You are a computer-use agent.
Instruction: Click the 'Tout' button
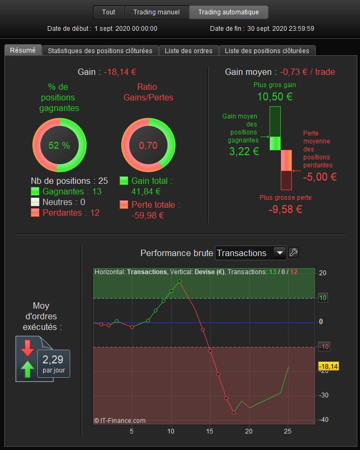point(108,12)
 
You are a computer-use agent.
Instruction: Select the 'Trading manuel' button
point(156,12)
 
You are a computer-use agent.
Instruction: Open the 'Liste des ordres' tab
point(188,51)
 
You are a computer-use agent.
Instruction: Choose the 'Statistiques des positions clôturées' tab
point(100,51)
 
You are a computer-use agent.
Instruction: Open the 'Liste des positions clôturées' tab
point(267,51)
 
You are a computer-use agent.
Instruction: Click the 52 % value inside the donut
point(59,145)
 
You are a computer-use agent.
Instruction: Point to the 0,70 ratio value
point(148,145)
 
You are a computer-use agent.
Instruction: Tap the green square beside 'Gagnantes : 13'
point(35,191)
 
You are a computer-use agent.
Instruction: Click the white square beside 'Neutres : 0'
point(35,202)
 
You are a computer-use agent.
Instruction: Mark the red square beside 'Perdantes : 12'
point(35,213)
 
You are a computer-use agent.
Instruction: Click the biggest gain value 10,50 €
point(275,97)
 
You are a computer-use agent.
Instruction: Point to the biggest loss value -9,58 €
point(286,209)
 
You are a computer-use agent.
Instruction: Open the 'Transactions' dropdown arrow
point(280,253)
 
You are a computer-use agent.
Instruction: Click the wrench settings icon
point(294,252)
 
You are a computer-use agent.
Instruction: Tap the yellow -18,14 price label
point(329,366)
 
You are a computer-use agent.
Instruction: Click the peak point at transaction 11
point(179,282)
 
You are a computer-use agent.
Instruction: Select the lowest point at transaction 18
point(233,412)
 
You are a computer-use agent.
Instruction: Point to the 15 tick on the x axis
point(210,431)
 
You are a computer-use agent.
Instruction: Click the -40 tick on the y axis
point(323,420)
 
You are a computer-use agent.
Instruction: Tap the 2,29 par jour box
point(54,363)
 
